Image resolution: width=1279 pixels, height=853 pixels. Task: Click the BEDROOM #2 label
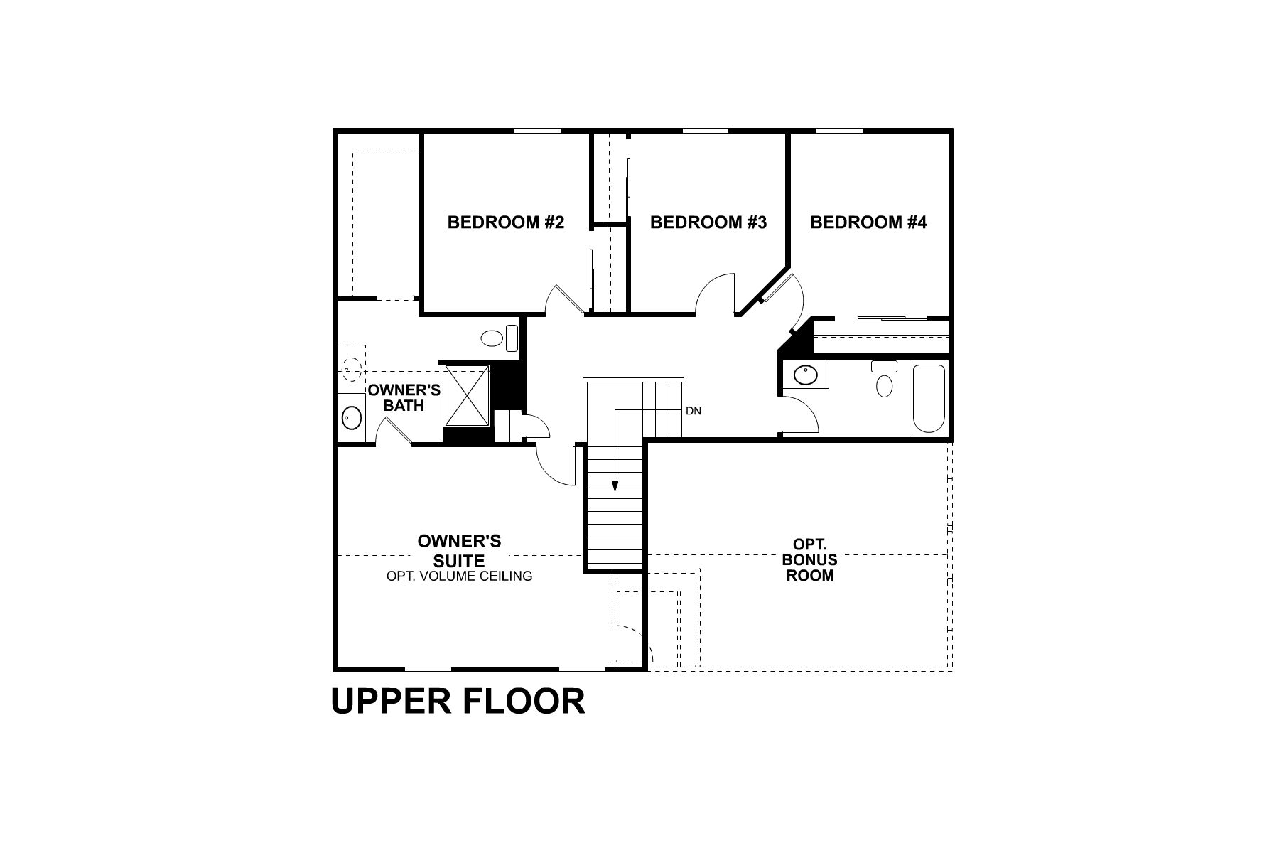(505, 222)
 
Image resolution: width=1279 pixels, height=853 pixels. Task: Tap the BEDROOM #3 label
(708, 222)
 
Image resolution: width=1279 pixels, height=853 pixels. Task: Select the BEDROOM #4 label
(868, 222)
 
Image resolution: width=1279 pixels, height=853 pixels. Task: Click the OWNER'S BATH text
(404, 398)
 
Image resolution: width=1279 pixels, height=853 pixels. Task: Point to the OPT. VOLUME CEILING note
(459, 576)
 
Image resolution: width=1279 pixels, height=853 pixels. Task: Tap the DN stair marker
(694, 411)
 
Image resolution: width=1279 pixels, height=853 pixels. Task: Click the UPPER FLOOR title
(458, 701)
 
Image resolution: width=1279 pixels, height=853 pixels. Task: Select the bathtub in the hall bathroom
(929, 398)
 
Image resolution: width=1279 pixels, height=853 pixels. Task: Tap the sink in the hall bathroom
(806, 375)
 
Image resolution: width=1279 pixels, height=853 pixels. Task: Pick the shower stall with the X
(466, 395)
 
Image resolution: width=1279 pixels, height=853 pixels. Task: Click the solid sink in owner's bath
(350, 417)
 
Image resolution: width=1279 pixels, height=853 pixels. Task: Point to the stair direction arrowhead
(615, 487)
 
